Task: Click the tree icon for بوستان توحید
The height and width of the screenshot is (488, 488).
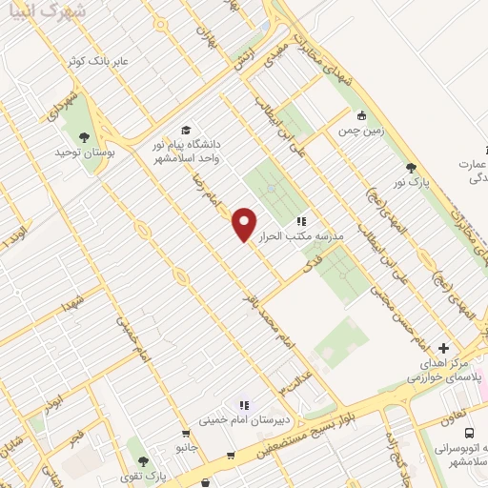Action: pos(83,136)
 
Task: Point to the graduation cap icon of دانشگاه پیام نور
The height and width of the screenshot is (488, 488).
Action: pos(186,130)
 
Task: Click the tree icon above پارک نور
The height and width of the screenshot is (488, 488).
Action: pos(411,168)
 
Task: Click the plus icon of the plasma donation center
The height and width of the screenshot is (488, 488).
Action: pos(443,349)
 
